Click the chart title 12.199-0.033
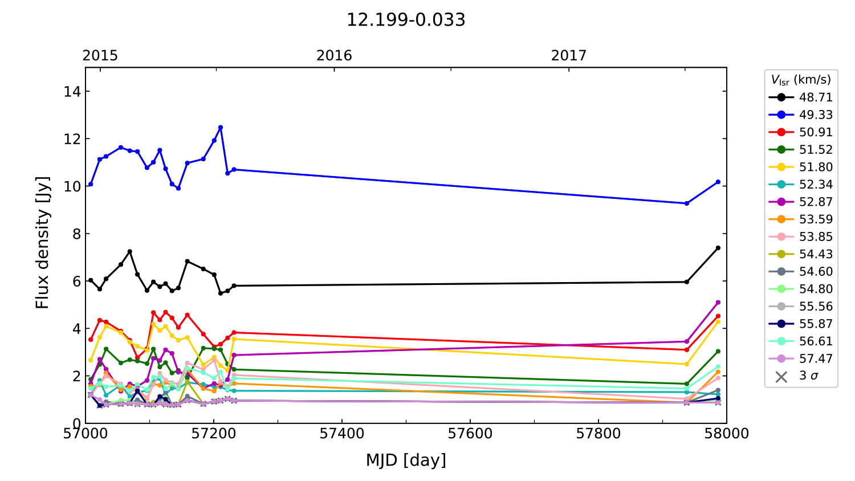(x=406, y=20)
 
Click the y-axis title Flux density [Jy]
(x=43, y=242)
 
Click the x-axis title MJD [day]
(x=406, y=460)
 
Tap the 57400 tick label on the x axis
(x=342, y=434)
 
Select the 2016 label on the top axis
(x=334, y=55)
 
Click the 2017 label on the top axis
(x=568, y=55)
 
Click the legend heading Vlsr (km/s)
(x=801, y=80)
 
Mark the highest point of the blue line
(x=221, y=127)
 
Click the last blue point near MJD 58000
(x=718, y=182)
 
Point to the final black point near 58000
(x=718, y=248)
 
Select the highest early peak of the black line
(x=130, y=251)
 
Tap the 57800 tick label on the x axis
(x=598, y=434)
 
